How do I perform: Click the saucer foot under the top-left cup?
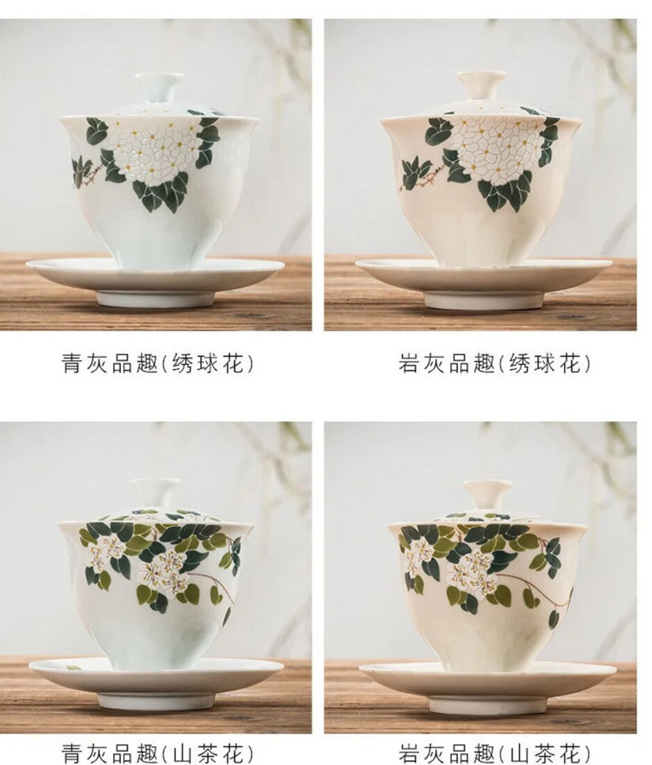click(x=154, y=297)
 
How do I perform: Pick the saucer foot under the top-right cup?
click(x=483, y=298)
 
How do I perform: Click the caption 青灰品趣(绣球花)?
click(x=157, y=363)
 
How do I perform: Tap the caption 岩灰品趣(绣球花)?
click(x=494, y=363)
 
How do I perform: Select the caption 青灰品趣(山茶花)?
click(x=157, y=754)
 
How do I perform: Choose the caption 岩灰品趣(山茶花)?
click(x=494, y=754)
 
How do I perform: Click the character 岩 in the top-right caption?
click(x=409, y=363)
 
